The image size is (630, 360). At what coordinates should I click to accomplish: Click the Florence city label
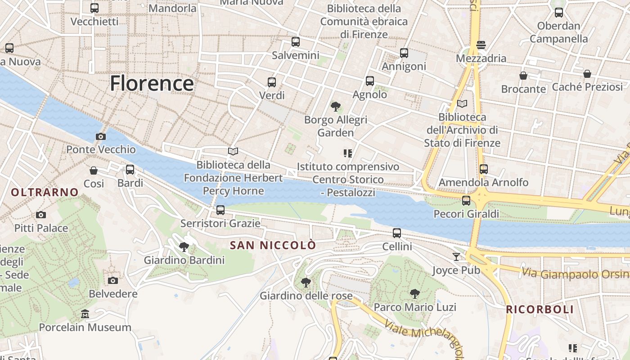pyautogui.click(x=152, y=84)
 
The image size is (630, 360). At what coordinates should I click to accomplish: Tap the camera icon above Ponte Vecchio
pyautogui.click(x=101, y=136)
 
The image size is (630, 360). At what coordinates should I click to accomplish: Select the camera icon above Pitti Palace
pyautogui.click(x=41, y=215)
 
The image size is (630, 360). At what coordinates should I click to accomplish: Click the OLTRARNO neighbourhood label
pyautogui.click(x=45, y=193)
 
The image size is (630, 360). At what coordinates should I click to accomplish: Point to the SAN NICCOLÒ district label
pyautogui.click(x=273, y=246)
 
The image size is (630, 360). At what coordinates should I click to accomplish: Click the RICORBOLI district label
pyautogui.click(x=540, y=310)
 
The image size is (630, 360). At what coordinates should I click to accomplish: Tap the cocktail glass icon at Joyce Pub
pyautogui.click(x=457, y=257)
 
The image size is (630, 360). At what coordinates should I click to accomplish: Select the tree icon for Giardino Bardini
pyautogui.click(x=184, y=247)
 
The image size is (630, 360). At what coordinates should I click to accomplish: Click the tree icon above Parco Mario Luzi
pyautogui.click(x=415, y=294)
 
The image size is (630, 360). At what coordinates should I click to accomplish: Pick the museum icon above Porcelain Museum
pyautogui.click(x=85, y=314)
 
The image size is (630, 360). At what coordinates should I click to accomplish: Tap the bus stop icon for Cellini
pyautogui.click(x=396, y=233)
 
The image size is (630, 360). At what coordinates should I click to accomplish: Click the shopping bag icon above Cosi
pyautogui.click(x=94, y=171)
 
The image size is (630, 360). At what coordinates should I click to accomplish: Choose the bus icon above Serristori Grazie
pyautogui.click(x=220, y=210)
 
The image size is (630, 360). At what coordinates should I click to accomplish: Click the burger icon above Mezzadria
pyautogui.click(x=481, y=45)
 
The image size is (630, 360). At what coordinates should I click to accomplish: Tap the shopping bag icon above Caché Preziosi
pyautogui.click(x=587, y=74)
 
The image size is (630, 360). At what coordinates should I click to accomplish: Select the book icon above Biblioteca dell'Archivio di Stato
pyautogui.click(x=462, y=103)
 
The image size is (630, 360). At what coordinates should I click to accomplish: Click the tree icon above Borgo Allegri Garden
pyautogui.click(x=335, y=107)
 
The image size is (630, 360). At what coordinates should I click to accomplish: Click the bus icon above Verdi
pyautogui.click(x=272, y=82)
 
